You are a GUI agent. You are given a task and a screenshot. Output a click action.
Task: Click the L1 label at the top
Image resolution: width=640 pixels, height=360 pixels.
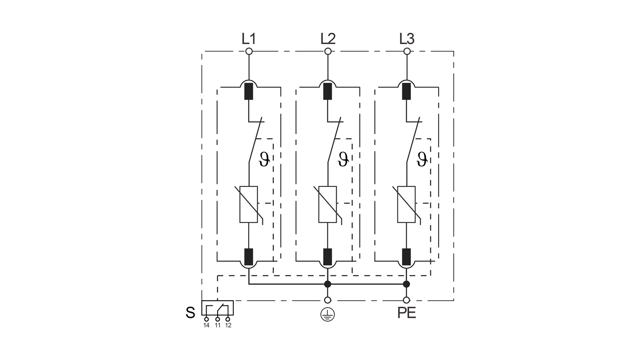(249, 38)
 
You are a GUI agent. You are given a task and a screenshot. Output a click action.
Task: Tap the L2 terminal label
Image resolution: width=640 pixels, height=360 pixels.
(328, 38)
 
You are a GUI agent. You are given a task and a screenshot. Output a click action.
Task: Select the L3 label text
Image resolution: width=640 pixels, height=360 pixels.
(407, 38)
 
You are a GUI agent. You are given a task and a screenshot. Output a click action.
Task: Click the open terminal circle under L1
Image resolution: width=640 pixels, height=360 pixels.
(249, 52)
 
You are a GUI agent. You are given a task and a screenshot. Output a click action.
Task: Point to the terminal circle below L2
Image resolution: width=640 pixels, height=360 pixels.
(328, 52)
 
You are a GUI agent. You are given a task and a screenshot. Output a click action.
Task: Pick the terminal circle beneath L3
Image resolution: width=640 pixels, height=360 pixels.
(407, 52)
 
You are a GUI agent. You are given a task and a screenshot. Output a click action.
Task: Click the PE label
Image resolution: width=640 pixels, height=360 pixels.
(407, 313)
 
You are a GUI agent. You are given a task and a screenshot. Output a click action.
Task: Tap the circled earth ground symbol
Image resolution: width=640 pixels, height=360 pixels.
(327, 314)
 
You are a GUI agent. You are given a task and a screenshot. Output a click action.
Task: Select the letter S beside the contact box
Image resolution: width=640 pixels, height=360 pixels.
(190, 313)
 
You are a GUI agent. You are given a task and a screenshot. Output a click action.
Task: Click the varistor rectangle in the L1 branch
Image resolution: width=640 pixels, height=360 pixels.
(249, 204)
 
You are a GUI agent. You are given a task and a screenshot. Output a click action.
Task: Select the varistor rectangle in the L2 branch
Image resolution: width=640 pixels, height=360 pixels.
(327, 204)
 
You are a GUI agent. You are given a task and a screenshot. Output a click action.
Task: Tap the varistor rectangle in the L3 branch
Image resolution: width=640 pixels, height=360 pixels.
(406, 204)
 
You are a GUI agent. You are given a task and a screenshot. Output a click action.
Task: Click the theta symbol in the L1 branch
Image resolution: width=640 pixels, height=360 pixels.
(264, 159)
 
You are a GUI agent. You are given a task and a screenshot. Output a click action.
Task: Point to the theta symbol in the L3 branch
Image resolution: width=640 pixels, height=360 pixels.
(422, 159)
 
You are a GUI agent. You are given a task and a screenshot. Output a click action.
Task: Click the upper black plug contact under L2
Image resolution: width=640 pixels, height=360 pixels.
(328, 91)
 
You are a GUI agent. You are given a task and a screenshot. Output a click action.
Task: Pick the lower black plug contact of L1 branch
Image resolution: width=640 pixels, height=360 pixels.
(249, 257)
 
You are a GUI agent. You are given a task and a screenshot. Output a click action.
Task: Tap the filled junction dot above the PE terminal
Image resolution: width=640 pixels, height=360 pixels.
(406, 284)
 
